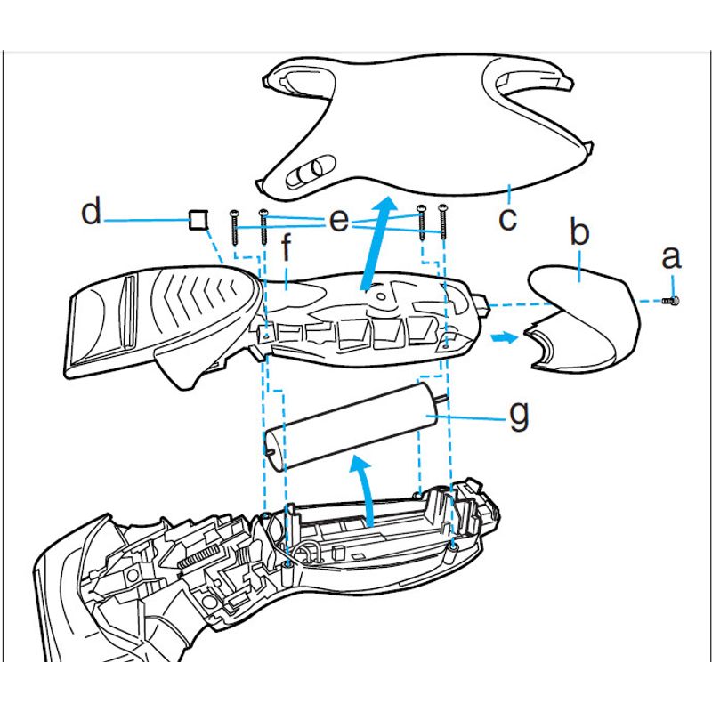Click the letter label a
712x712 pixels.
click(x=671, y=259)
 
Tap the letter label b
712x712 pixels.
click(x=579, y=234)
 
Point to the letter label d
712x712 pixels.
click(x=91, y=214)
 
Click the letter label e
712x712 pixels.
click(x=339, y=222)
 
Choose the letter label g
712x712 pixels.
click(x=519, y=414)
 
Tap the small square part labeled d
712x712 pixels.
click(x=198, y=219)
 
